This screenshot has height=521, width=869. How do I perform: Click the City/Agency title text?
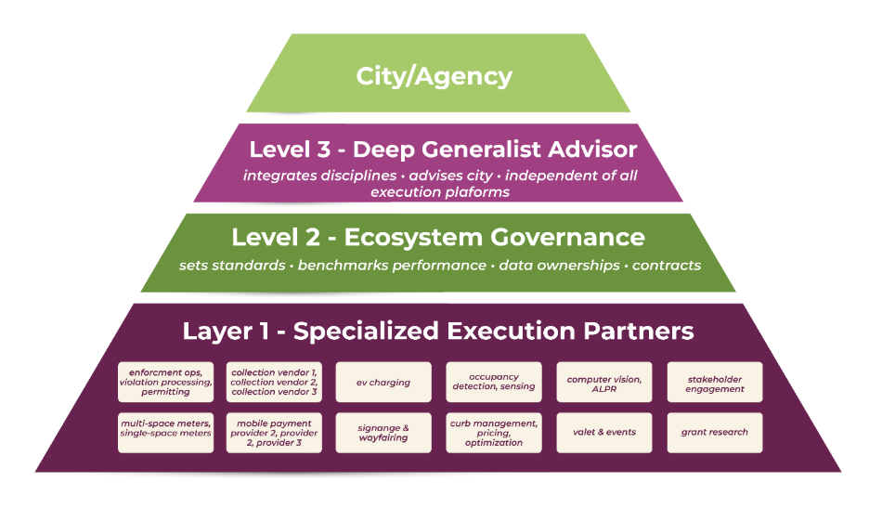(434, 76)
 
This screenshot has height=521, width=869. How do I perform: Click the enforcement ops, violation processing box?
(166, 382)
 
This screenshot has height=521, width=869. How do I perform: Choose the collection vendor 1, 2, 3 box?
(274, 382)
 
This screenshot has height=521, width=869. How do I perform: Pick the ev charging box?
(383, 382)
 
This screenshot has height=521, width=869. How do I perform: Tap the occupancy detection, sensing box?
(493, 382)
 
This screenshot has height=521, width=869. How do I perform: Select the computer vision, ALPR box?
(604, 382)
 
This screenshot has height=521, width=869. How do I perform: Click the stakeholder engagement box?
(715, 382)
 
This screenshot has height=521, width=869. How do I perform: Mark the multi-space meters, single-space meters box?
(166, 432)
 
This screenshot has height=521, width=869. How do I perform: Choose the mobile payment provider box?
(274, 432)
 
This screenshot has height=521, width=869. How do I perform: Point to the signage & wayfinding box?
(383, 432)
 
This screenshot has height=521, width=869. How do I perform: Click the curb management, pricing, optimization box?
(493, 432)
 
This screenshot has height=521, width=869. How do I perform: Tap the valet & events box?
(604, 432)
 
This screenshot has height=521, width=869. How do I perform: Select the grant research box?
(715, 432)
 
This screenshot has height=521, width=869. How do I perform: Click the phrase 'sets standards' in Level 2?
(232, 266)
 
